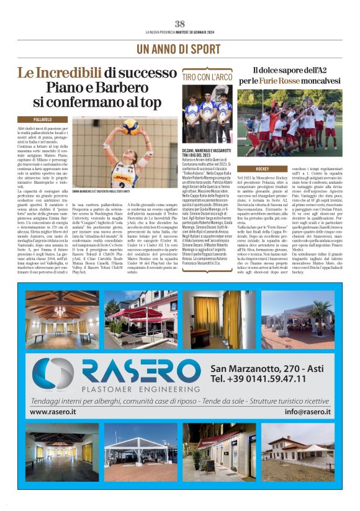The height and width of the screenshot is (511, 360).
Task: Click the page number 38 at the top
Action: coord(180,24)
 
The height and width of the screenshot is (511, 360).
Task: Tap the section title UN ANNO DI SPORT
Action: coord(179,48)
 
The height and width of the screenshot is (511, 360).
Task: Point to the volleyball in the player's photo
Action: coord(130,127)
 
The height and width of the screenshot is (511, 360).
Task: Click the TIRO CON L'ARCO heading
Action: coord(207,76)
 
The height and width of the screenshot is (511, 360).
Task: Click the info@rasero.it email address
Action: coord(307,412)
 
